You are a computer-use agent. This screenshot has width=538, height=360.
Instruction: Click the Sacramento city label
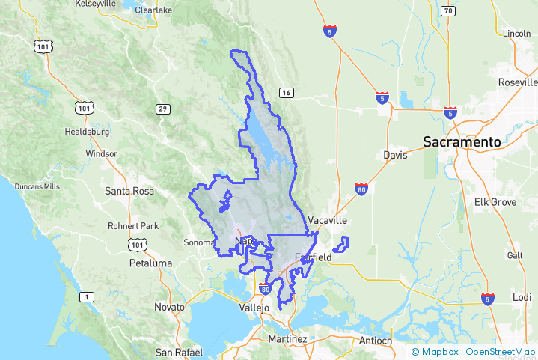462,141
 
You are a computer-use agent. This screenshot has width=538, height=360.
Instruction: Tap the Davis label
395,155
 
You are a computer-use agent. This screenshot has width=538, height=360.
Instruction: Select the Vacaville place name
328,221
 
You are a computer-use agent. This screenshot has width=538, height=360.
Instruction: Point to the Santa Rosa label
129,191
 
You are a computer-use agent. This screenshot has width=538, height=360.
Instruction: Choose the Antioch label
375,341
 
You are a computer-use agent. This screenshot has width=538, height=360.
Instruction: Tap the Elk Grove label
495,202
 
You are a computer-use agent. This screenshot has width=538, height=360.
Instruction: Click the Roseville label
518,82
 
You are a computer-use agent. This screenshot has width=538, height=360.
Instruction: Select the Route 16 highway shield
285,93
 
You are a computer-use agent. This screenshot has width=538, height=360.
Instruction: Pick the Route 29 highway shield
162,109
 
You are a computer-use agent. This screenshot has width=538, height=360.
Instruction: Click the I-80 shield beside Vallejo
265,287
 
